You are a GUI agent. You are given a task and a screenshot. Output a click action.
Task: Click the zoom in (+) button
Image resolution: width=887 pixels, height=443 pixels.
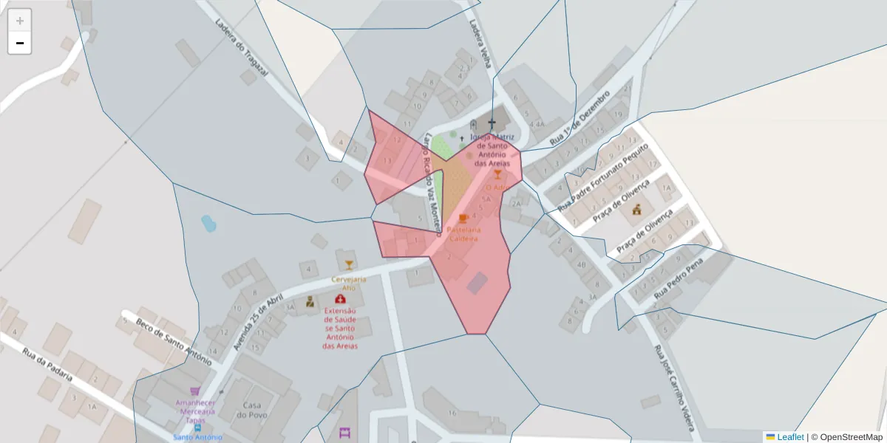pos(20,20)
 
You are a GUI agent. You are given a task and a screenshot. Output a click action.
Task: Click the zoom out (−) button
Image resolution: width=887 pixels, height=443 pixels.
pos(20,43)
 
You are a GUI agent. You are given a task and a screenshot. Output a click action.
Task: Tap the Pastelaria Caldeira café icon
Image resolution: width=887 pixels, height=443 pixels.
pos(463,219)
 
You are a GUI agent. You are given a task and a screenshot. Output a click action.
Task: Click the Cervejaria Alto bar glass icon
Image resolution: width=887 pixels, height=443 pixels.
pos(349,265)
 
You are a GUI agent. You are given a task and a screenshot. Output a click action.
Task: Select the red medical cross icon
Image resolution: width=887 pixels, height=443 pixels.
pos(340,299)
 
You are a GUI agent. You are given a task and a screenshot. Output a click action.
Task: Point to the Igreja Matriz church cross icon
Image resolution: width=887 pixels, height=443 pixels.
pos(492,123)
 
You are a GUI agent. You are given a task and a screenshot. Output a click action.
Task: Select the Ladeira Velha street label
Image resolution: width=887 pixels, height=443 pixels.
pos(480,43)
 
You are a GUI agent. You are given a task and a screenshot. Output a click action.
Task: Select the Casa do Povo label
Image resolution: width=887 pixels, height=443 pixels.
pos(251,411)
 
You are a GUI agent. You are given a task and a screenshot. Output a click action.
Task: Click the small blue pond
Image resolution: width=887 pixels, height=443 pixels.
pos(208,222)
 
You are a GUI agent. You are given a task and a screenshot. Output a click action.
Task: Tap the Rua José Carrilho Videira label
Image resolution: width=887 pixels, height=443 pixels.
pos(674,388)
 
